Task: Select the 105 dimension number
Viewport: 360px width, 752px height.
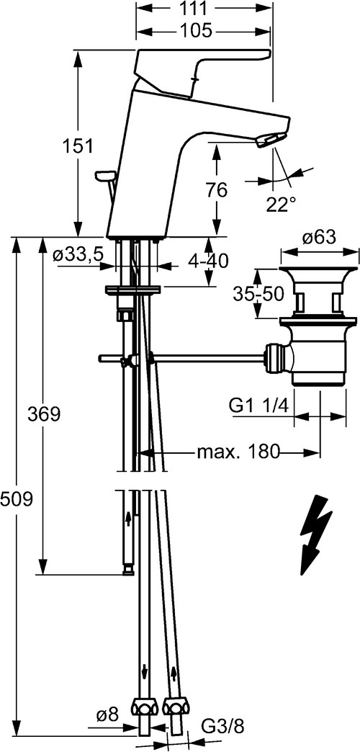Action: tap(196, 32)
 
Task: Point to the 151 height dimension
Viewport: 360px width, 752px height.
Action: tap(78, 146)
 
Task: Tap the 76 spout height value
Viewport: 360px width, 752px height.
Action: tap(217, 190)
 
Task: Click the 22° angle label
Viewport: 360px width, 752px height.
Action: tap(282, 205)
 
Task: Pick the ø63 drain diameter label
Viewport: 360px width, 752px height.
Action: tap(319, 238)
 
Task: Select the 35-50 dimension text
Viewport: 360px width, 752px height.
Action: tap(259, 295)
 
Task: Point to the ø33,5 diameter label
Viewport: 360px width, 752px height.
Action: tap(78, 255)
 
